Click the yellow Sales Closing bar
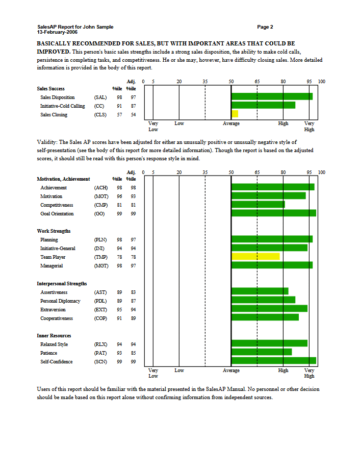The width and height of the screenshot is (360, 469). tap(235, 114)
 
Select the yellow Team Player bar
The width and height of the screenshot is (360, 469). tap(255, 257)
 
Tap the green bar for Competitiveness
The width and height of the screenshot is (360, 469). tap(258, 205)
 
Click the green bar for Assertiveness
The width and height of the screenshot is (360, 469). tap(260, 291)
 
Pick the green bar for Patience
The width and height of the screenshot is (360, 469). tap(262, 352)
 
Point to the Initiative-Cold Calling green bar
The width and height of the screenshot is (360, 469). tap(263, 106)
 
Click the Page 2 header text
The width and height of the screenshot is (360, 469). tap(265, 27)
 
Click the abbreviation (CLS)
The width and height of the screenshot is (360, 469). tap(100, 115)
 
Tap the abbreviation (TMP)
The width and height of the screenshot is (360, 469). tap(100, 257)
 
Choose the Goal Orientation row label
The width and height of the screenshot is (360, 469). tap(57, 214)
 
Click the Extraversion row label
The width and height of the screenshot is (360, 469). tap(54, 310)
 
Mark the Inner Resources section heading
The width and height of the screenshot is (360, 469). tap(54, 336)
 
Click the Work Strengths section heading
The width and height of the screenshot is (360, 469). tap(54, 231)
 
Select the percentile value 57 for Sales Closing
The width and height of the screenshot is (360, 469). tap(119, 115)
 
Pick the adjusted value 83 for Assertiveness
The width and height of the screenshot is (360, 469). tap(133, 292)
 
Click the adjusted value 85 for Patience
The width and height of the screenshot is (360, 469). tap(133, 353)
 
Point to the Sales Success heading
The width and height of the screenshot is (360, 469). tap(51, 89)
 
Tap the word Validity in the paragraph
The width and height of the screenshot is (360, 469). tap(47, 142)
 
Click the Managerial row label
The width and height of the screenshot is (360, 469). tap(52, 266)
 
